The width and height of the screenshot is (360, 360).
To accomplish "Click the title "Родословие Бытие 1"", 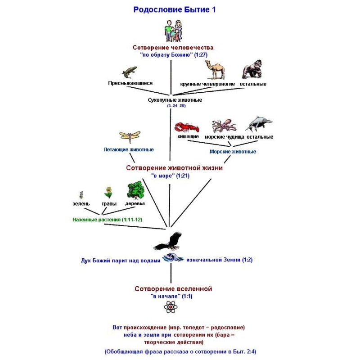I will [174, 9].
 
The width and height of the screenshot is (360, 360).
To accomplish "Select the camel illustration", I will [214, 69].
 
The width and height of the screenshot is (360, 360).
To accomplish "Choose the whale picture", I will [258, 124].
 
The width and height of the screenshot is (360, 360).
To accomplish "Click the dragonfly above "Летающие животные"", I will [129, 136].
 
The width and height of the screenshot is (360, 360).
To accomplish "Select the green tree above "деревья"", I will [135, 191].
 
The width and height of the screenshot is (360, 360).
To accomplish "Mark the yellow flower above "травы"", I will [108, 192].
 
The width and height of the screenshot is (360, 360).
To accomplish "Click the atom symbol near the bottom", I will [171, 307].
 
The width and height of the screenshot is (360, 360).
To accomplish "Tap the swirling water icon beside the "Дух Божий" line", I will [173, 258].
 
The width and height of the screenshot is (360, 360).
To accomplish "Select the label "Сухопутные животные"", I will [175, 100].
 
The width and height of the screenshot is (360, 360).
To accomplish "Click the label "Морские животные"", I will [233, 152].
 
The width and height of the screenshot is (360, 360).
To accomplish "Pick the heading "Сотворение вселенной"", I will [173, 289].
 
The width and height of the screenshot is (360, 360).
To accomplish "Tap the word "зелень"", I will [81, 204].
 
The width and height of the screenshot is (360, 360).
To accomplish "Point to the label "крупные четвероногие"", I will [207, 84].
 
